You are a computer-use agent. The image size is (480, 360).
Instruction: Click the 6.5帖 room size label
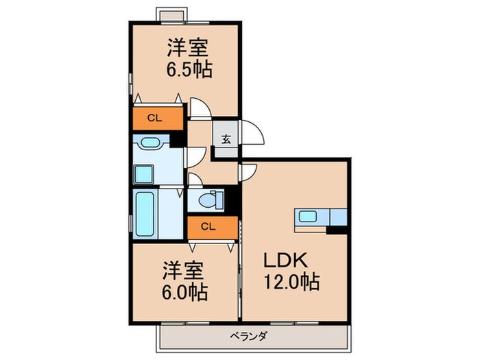click(x=189, y=70)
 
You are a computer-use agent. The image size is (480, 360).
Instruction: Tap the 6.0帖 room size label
click(x=184, y=292)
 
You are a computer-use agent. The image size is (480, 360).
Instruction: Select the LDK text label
click(x=285, y=261)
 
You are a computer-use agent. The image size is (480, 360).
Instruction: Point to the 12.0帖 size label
click(x=291, y=282)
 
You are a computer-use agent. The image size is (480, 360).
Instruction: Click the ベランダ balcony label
click(x=248, y=337)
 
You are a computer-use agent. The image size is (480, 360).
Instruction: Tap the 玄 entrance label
click(x=226, y=140)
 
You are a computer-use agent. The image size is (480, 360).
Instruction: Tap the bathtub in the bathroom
click(x=145, y=214)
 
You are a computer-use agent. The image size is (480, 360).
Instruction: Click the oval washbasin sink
click(x=150, y=143)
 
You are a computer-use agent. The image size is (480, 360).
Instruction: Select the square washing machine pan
click(x=143, y=174)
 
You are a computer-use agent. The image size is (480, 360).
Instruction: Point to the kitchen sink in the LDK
click(x=308, y=217)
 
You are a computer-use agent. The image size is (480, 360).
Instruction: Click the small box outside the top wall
click(x=172, y=15)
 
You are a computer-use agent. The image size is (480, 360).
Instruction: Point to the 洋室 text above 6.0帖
click(x=183, y=271)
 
